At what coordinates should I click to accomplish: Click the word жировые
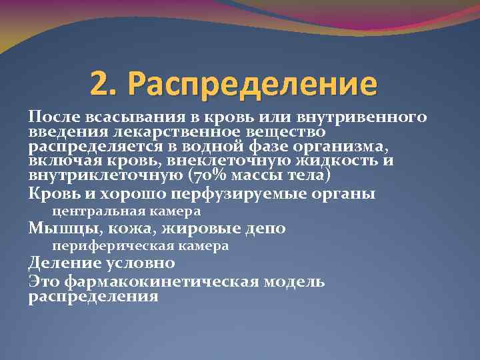199,229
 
